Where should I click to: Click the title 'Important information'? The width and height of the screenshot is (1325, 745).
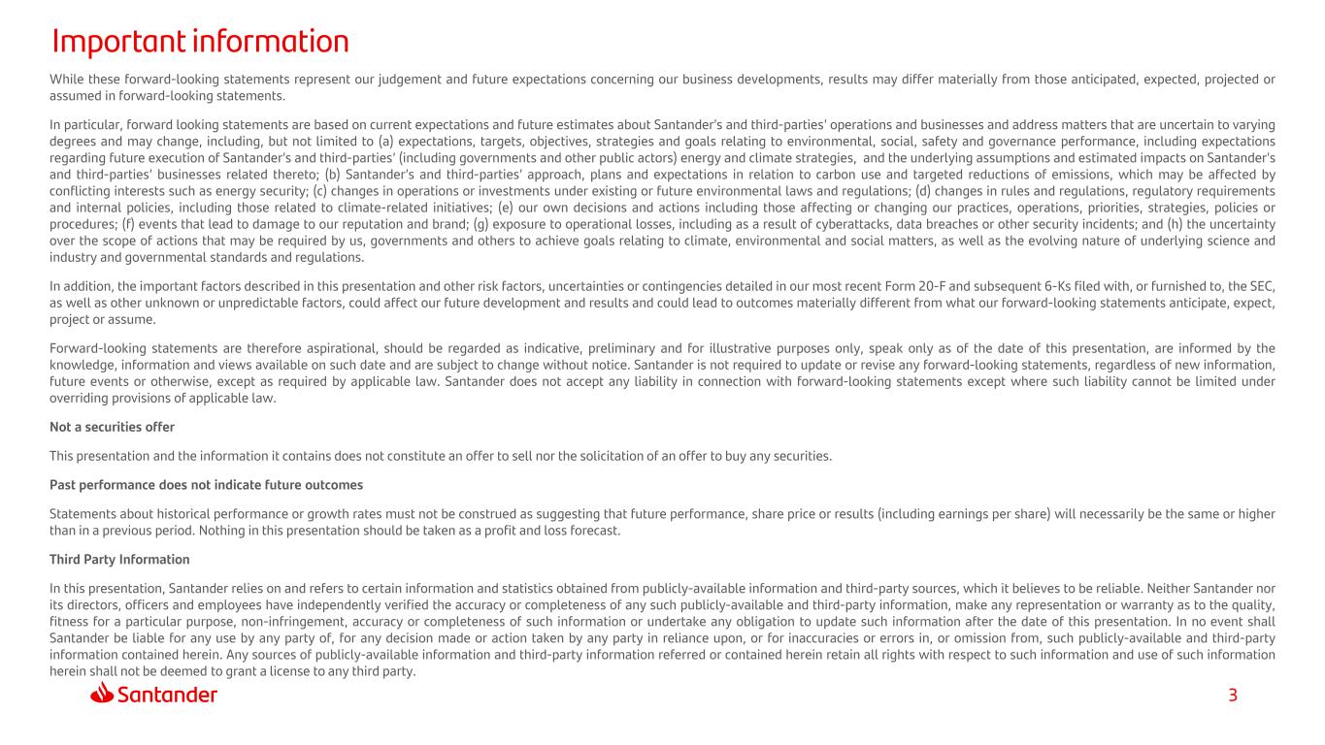(x=200, y=42)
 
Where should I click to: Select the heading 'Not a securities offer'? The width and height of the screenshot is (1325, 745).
(x=112, y=427)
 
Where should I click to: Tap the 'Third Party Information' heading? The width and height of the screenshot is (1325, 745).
(x=119, y=560)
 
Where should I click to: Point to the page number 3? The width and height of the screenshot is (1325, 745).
(x=1233, y=695)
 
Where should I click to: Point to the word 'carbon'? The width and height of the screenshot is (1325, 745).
(x=778, y=175)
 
